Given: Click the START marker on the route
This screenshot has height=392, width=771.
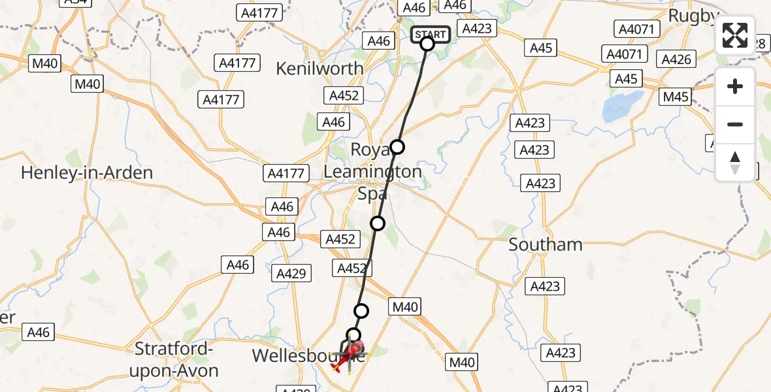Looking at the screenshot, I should click(430, 35).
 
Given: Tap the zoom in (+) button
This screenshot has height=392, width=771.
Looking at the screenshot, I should click(735, 86).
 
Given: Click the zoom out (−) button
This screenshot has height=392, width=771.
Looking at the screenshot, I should click(735, 124).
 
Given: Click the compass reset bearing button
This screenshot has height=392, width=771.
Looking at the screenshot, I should click(735, 162).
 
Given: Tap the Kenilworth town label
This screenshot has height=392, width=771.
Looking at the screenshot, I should click(320, 69).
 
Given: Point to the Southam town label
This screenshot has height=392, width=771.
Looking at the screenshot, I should click(545, 245).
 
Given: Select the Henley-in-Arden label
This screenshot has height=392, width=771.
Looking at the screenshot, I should click(87, 173).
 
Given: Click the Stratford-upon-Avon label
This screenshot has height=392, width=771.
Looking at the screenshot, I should click(176, 361).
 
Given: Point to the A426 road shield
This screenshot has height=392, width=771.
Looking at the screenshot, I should click(676, 59).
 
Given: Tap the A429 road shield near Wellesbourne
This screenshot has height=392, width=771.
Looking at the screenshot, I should click(291, 274).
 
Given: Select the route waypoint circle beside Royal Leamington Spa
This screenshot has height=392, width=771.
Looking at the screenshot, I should click(397, 147).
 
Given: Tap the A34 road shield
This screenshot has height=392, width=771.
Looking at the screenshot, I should click(75, 2).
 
